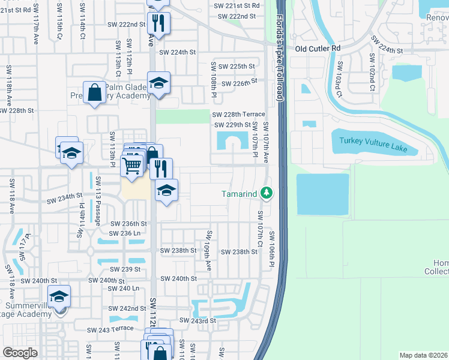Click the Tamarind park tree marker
pos(267,193)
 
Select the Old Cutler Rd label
pos(318,48)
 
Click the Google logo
pos(20,352)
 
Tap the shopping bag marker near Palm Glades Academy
pos(95,93)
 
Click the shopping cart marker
pos(131,165)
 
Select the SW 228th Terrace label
pos(237,114)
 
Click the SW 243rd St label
pos(199,321)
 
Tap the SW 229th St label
pos(232,125)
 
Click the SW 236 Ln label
pos(125,233)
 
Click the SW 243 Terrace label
pos(110,329)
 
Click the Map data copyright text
pos(423,355)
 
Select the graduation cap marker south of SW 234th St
pos(166,191)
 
